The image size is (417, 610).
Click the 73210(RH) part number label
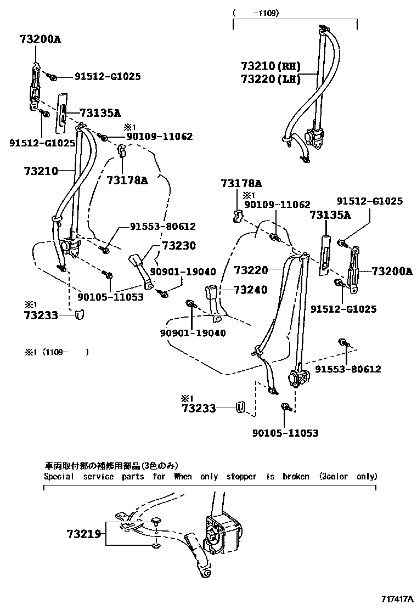click(x=271, y=66)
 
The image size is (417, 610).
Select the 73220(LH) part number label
click(x=271, y=79)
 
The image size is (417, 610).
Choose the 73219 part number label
click(x=84, y=533)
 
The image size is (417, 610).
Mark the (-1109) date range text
click(x=256, y=13)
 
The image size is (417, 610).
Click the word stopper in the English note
click(x=241, y=476)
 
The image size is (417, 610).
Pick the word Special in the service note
click(x=59, y=476)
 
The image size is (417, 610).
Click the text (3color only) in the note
click(x=348, y=476)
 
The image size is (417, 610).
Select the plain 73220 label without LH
click(x=250, y=270)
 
